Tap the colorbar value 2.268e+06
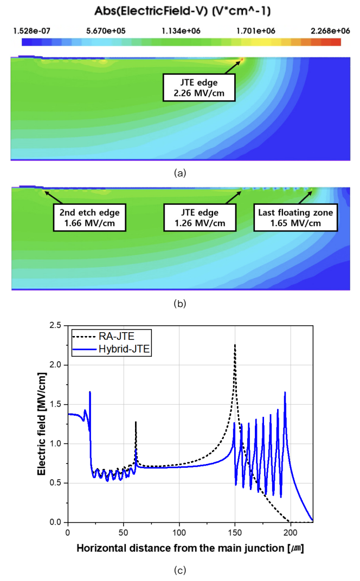tap(330, 31)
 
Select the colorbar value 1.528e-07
tap(32, 31)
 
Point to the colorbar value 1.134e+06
tap(181, 31)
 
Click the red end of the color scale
tap(336, 42)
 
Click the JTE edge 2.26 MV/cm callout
tap(199, 87)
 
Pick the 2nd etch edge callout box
tap(89, 217)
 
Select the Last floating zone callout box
tap(295, 217)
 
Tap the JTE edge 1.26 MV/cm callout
tap(200, 217)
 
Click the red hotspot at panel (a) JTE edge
tap(242, 59)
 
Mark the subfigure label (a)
tap(180, 173)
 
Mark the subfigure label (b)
tap(180, 304)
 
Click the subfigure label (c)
tap(180, 570)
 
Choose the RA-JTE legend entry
tap(111, 337)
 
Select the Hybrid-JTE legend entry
tap(111, 349)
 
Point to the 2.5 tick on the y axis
tap(55, 325)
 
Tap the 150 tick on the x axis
tap(235, 532)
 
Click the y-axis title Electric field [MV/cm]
tap(42, 424)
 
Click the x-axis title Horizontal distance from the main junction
tap(180, 548)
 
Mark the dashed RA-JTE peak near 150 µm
tap(235, 345)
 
